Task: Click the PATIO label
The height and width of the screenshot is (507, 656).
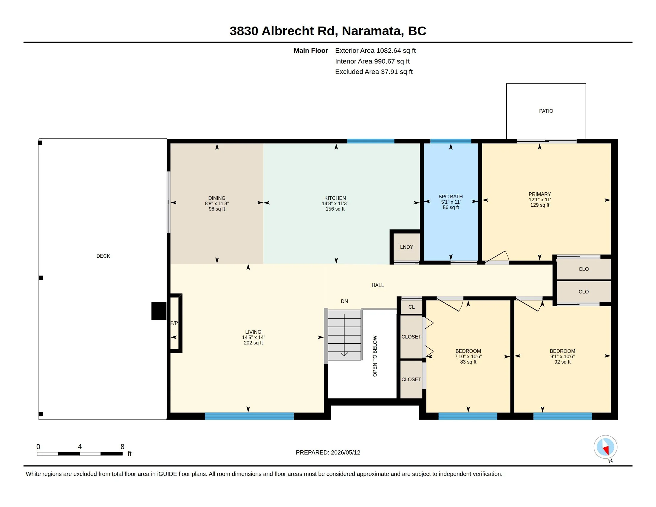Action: point(546,111)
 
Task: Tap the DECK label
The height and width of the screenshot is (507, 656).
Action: point(103,256)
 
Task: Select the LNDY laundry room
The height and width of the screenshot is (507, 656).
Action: point(406,247)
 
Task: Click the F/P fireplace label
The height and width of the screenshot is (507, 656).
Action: point(174,323)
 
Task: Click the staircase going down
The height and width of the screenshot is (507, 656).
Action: point(344,335)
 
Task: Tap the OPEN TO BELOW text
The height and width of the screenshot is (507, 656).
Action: point(375,356)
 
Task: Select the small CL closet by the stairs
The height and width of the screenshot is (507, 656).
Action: point(411,307)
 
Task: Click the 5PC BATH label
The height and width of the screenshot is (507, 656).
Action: point(451,197)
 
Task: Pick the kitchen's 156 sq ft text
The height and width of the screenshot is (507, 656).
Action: point(335,209)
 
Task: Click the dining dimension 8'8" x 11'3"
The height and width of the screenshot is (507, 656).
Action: point(217,203)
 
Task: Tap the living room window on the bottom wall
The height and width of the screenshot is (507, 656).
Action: point(249,416)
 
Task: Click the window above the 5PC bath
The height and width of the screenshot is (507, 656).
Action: point(451,141)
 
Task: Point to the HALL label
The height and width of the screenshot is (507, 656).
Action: point(377,285)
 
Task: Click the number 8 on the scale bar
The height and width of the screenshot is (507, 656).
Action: point(122,447)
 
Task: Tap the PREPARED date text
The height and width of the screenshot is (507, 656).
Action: point(328,452)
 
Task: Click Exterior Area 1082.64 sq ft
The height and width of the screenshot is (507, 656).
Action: point(375,51)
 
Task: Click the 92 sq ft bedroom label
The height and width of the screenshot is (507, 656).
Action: point(562,362)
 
